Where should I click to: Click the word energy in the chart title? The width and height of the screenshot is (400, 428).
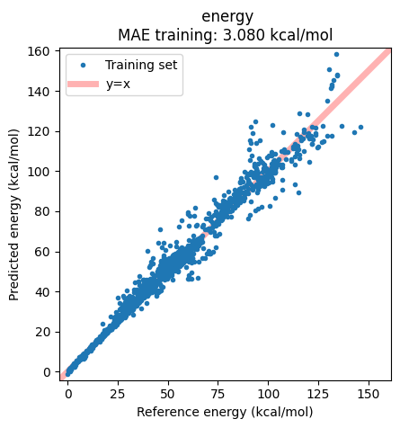[x=227, y=16]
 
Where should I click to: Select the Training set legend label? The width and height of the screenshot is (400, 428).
[x=141, y=65]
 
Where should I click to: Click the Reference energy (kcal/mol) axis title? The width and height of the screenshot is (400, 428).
[x=225, y=412]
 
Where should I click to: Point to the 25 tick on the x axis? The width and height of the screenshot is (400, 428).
[x=118, y=393]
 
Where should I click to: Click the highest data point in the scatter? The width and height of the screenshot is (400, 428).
[x=337, y=54]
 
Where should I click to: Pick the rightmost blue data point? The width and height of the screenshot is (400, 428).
[x=360, y=128]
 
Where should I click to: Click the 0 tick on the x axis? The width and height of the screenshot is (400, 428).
[x=67, y=393]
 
